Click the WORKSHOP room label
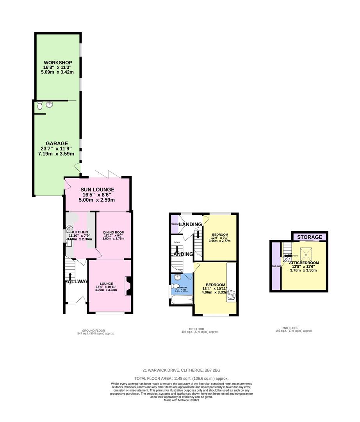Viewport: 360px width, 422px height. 58,63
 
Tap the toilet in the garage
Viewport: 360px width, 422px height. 39,106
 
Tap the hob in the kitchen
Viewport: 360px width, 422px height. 70,229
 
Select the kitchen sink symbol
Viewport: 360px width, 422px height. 68,243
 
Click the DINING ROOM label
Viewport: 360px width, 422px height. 114,233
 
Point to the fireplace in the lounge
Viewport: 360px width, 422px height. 128,286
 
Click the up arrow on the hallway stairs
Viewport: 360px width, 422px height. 71,276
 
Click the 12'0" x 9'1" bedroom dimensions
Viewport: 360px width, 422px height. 219,238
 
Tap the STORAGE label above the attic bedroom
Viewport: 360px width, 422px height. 310,237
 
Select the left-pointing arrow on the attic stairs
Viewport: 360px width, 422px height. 287,256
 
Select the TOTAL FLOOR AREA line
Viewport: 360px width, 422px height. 181,378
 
